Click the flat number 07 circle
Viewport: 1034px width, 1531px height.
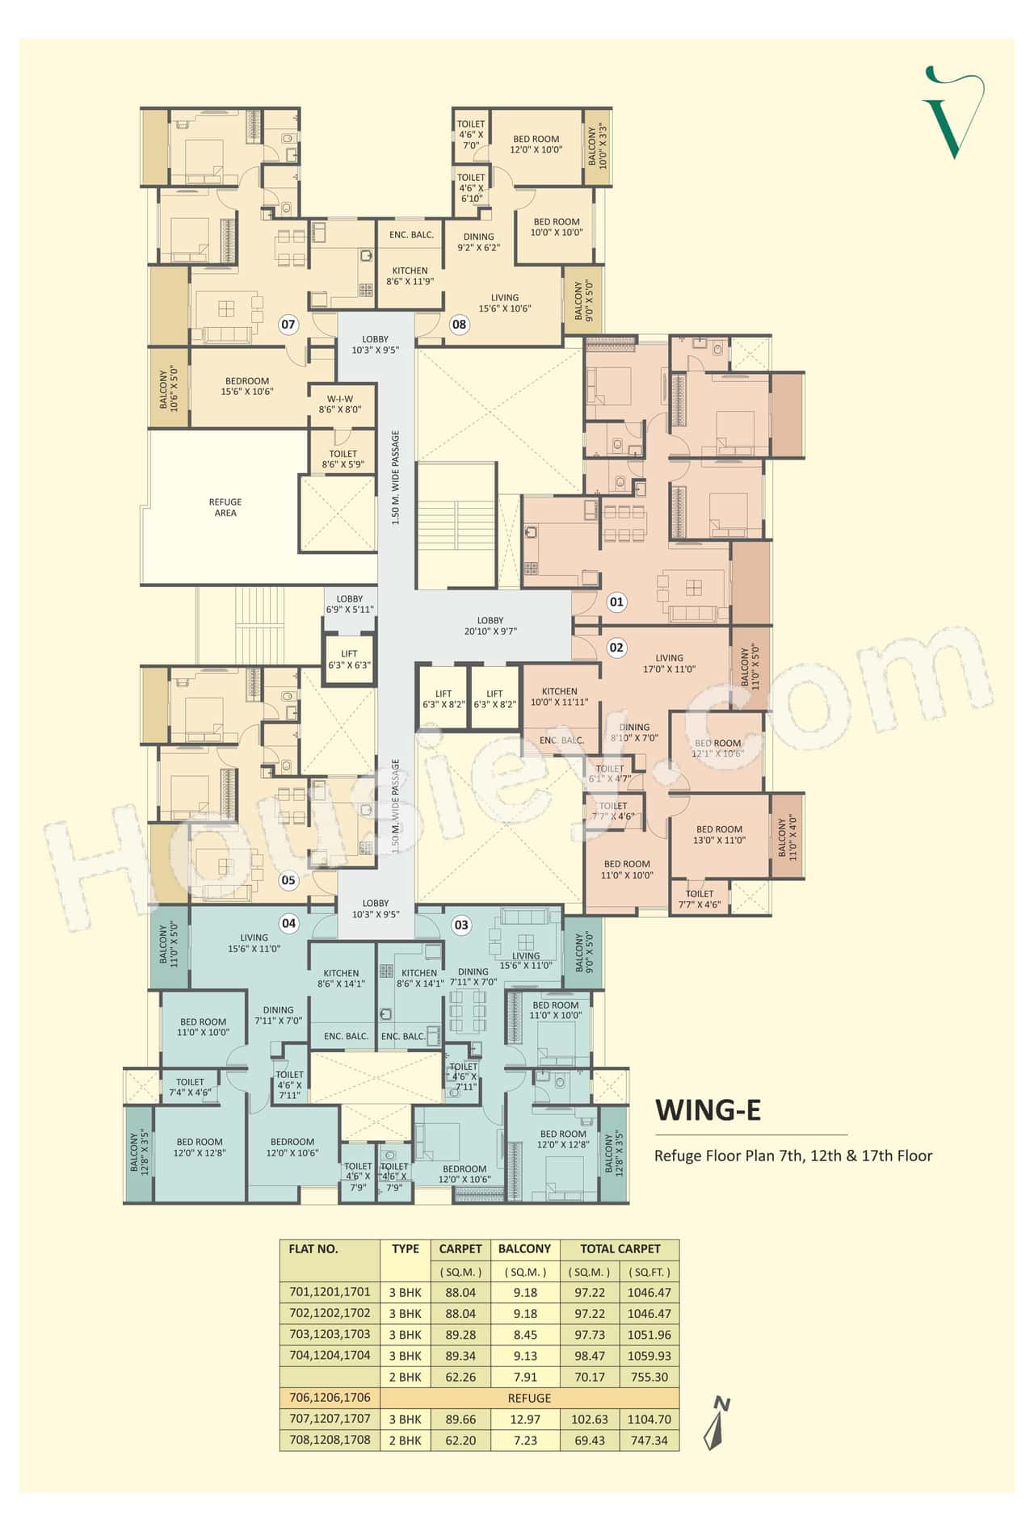[288, 325]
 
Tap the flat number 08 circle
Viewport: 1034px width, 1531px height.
[459, 325]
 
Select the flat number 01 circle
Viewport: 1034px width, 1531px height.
[616, 602]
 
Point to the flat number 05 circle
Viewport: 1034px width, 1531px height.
[288, 880]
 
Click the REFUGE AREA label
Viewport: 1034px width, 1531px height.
[225, 507]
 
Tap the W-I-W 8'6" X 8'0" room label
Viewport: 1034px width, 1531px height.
[340, 405]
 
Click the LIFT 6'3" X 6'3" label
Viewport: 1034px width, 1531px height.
[349, 660]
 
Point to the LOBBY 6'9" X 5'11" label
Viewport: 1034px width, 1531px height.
[350, 604]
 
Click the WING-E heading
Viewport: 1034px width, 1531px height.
[708, 1110]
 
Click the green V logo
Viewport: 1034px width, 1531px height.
[953, 112]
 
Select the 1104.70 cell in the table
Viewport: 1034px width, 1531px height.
[649, 1419]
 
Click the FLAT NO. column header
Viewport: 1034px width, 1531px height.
[313, 1248]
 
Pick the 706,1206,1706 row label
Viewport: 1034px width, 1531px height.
[330, 1398]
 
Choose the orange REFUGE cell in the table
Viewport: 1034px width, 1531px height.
[529, 1398]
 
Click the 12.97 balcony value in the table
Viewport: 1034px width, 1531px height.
[524, 1419]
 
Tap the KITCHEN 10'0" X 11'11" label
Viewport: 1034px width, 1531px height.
[559, 697]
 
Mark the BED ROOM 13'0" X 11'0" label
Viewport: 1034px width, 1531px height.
[719, 834]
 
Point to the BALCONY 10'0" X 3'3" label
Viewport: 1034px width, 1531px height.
[597, 146]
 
